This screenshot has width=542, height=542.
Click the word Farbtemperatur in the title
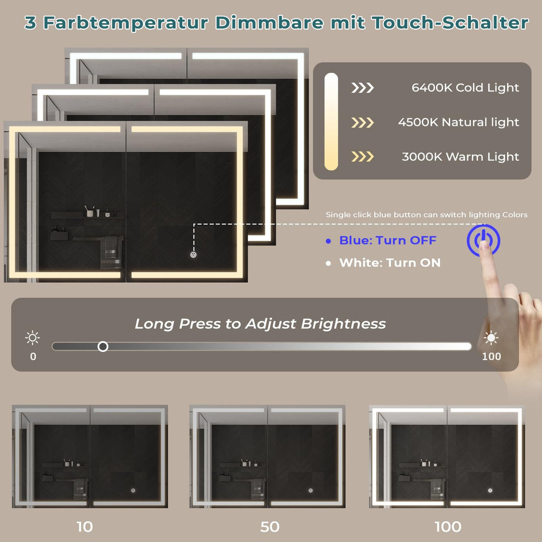tap(125, 23)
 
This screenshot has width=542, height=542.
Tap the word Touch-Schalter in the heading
tap(450, 23)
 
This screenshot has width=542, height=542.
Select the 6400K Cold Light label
tap(465, 88)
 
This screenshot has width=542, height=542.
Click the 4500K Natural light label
tap(458, 122)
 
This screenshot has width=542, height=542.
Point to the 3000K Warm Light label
tap(460, 157)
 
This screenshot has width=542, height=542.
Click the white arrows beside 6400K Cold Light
tap(363, 88)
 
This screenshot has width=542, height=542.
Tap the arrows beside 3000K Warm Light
tap(363, 157)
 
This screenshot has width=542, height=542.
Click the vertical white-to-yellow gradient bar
tap(331, 121)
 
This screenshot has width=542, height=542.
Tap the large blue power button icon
tap(483, 240)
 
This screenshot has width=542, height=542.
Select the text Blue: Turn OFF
tap(387, 240)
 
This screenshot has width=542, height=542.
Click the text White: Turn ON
tap(390, 263)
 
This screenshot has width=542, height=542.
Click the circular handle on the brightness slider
tap(103, 346)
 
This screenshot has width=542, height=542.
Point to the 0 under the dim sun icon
tap(33, 356)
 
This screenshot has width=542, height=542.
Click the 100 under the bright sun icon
tap(492, 356)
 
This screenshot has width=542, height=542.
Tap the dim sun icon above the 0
tap(33, 338)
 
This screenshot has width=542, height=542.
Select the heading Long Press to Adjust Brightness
tap(260, 324)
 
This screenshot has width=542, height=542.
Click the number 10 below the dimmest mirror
tap(85, 527)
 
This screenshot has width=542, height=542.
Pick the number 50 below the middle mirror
tap(270, 527)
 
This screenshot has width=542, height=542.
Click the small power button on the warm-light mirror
tap(194, 255)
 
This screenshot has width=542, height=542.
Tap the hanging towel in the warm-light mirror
tap(111, 252)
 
